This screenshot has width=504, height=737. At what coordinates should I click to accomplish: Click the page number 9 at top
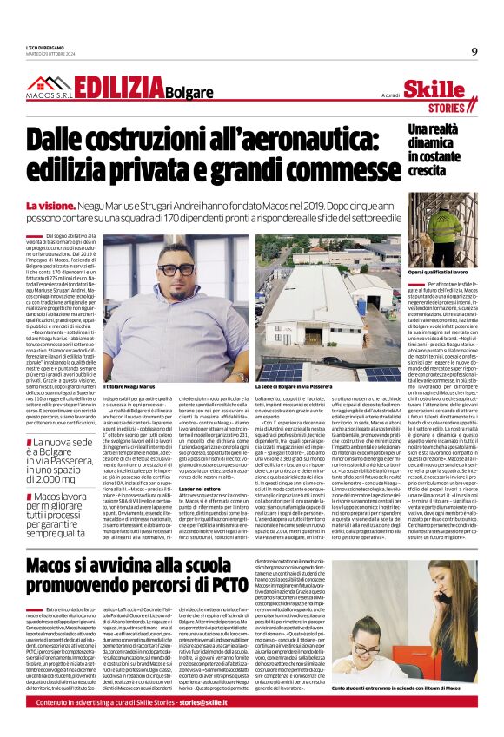click(x=474, y=50)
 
